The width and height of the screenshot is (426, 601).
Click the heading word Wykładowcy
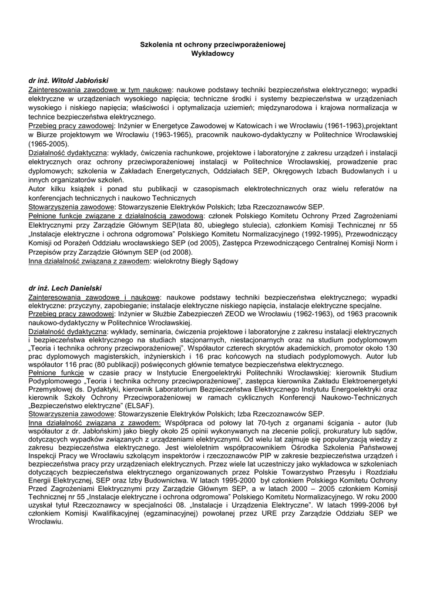pyautogui.click(x=213, y=53)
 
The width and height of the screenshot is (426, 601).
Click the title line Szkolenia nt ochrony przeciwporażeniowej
pyautogui.click(x=213, y=45)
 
